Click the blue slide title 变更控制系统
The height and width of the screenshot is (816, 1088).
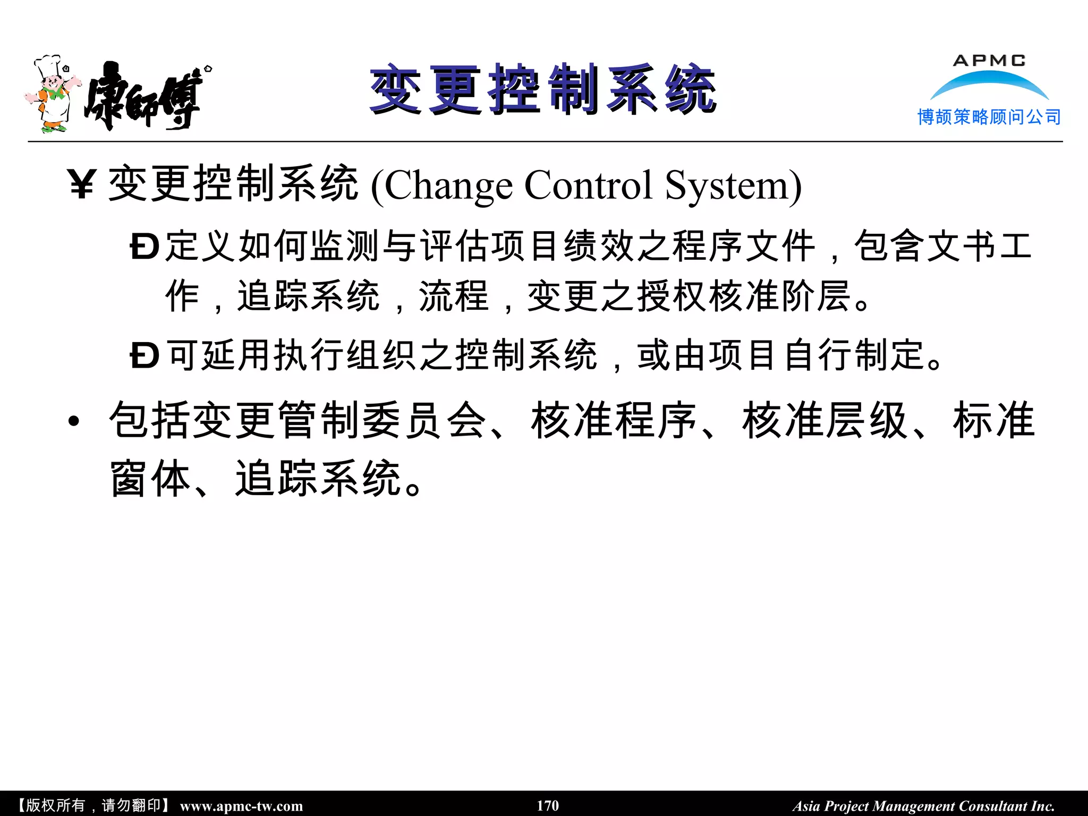[543, 89]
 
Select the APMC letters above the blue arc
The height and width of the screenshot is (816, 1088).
[989, 61]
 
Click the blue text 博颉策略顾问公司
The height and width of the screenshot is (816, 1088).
[989, 117]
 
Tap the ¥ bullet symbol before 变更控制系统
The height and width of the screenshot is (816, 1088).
[82, 184]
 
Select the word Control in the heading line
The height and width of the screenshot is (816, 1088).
[589, 185]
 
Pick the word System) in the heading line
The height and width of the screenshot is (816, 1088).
[733, 185]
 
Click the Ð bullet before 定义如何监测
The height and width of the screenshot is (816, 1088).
[144, 247]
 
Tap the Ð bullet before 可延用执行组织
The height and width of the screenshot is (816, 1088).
[144, 355]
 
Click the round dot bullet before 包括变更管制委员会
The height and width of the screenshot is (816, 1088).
[74, 422]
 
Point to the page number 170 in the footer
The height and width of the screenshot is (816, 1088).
[548, 805]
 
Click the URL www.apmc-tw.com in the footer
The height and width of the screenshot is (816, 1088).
[242, 806]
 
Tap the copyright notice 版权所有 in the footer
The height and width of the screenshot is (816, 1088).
[55, 805]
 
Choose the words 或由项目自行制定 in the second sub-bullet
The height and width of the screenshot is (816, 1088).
[789, 355]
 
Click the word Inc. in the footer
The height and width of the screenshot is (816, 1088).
[1043, 806]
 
